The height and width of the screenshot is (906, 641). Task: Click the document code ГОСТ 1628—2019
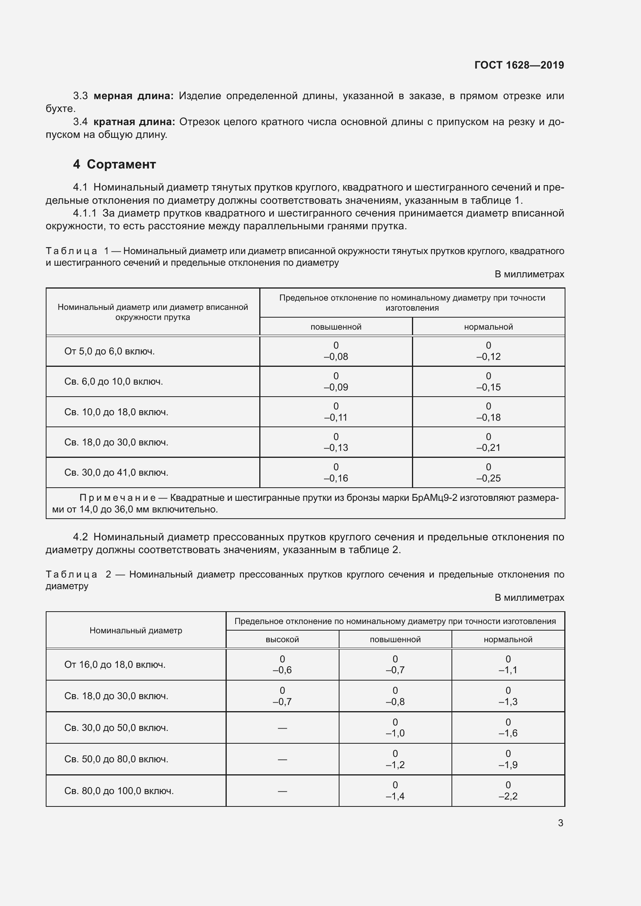(x=519, y=65)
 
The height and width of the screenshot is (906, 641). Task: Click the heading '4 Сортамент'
(x=114, y=164)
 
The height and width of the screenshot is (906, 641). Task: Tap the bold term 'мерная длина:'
(x=133, y=96)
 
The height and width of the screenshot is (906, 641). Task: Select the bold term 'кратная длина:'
(x=134, y=122)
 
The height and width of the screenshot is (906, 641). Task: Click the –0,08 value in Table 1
(x=336, y=357)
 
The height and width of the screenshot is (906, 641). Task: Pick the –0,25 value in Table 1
(x=488, y=478)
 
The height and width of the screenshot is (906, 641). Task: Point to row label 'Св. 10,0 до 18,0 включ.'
(x=116, y=412)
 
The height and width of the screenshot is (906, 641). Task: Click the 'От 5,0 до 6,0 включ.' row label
(x=109, y=351)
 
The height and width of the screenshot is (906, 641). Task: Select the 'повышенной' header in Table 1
(x=336, y=327)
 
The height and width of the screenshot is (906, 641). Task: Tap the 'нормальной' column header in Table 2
(x=508, y=639)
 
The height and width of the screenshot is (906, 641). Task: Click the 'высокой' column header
(x=282, y=639)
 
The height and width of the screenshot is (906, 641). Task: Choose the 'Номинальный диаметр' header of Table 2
(x=136, y=630)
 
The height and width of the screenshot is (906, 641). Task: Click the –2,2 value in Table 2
(x=508, y=796)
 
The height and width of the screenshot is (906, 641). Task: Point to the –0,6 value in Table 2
(x=282, y=670)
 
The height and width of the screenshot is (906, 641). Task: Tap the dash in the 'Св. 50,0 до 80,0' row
(x=282, y=759)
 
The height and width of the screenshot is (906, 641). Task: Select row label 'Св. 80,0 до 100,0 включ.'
(x=119, y=791)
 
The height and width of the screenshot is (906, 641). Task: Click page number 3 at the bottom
(x=560, y=823)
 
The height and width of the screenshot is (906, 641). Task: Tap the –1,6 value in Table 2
(x=508, y=733)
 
